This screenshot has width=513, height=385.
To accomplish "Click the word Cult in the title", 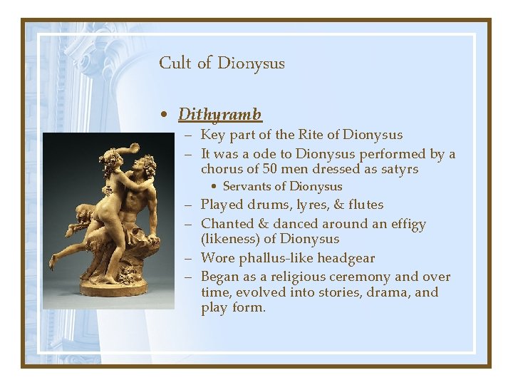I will [x=175, y=63].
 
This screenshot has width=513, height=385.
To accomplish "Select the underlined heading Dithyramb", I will [x=219, y=114].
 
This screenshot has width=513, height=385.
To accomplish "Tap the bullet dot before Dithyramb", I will [x=165, y=115].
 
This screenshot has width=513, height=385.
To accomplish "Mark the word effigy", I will [x=403, y=225].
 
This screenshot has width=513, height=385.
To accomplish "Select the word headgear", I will [x=347, y=258].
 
